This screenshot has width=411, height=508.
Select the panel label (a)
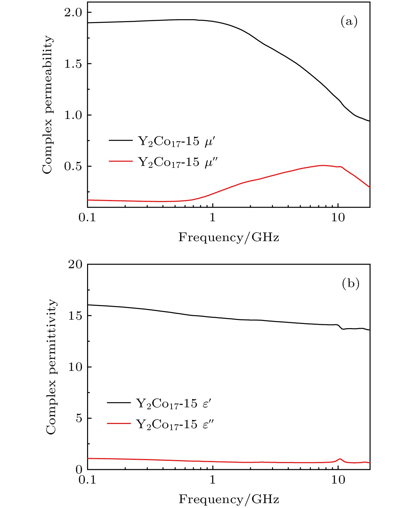point(349,22)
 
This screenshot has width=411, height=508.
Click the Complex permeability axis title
point(48,105)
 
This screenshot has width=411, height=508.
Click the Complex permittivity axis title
point(51,367)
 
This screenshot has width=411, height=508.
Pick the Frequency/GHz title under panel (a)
point(229,237)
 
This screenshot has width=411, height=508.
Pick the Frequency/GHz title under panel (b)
point(229,499)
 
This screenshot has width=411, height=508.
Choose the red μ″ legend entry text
point(178,162)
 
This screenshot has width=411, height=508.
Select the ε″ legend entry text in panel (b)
point(175,424)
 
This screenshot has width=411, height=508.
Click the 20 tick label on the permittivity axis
point(75,264)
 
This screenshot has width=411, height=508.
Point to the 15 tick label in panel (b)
point(75,316)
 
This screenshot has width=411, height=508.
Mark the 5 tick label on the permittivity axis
point(79,418)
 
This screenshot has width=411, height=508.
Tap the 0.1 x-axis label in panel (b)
point(87,480)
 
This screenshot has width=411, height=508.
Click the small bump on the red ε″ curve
point(340,459)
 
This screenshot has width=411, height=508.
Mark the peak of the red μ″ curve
point(323,165)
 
